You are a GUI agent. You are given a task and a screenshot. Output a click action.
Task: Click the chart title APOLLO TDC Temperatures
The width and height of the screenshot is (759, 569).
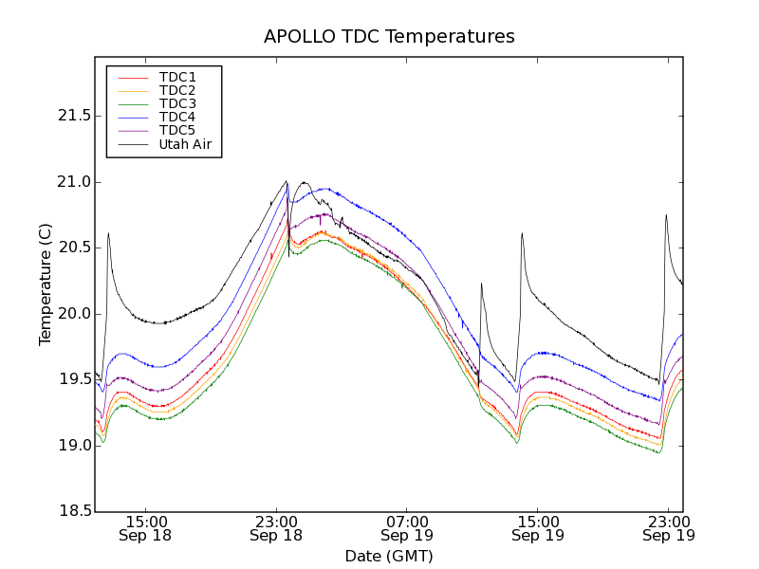(x=389, y=37)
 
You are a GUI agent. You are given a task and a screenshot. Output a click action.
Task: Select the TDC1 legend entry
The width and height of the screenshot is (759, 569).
(x=177, y=77)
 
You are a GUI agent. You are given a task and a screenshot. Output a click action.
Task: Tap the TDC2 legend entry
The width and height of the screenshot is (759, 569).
(x=177, y=90)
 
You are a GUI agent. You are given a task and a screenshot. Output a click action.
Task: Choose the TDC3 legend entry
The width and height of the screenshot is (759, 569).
(x=177, y=103)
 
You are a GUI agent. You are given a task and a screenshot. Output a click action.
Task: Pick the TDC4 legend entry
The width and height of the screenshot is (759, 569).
(x=177, y=117)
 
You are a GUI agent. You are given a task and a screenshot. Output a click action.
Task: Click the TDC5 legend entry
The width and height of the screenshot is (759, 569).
(x=177, y=130)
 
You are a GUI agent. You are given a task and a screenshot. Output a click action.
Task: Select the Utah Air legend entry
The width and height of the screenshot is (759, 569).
(x=185, y=144)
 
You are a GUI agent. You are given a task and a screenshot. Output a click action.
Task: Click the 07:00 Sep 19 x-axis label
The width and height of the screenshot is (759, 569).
(x=407, y=527)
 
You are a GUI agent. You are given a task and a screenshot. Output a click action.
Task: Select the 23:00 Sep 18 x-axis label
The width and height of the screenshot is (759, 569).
(x=276, y=527)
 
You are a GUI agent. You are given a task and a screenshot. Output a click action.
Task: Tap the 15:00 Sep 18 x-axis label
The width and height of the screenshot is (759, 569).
(x=146, y=527)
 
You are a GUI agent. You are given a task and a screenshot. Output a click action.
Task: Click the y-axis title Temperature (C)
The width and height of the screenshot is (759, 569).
(x=46, y=284)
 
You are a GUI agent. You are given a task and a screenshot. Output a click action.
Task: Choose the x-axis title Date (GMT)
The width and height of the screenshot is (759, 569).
(x=389, y=556)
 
